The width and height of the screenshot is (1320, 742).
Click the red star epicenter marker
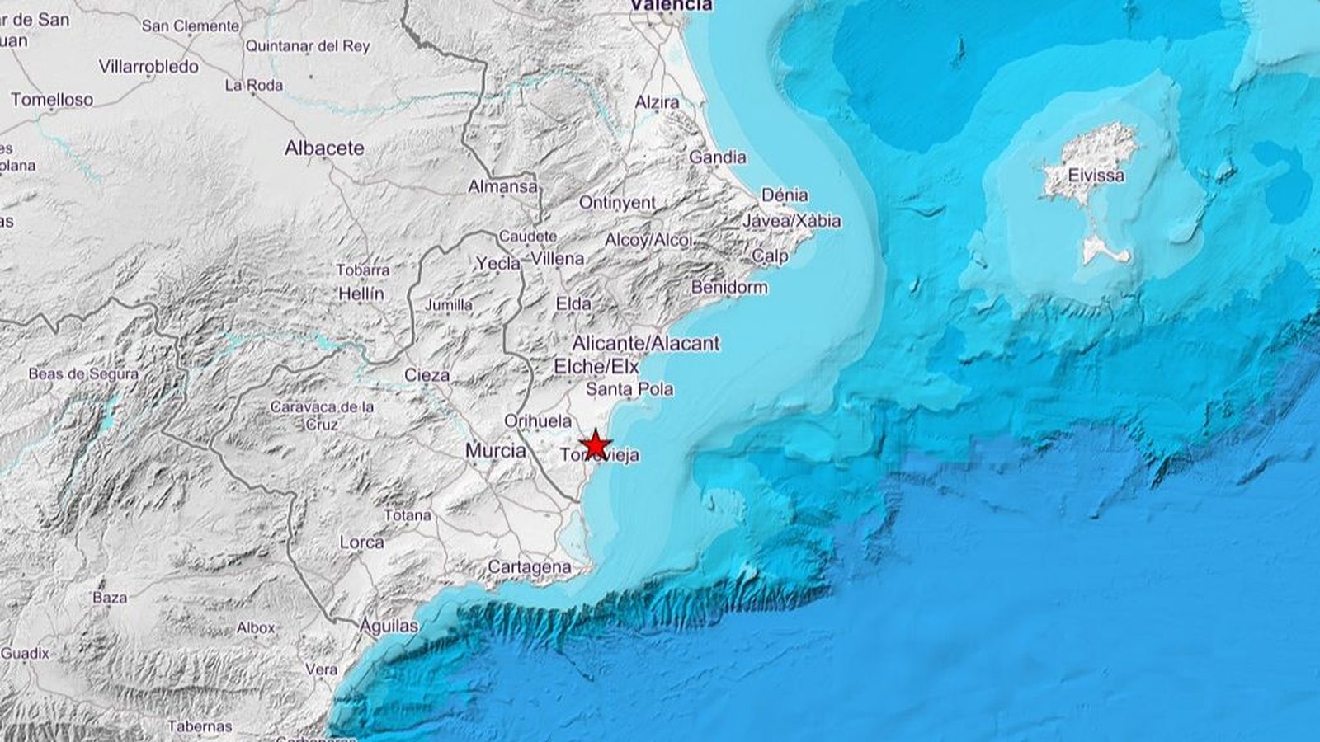click(x=594, y=445)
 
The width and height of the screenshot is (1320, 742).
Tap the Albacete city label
click(x=324, y=148)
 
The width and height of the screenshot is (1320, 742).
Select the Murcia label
click(x=496, y=450)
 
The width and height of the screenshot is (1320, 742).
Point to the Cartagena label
click(x=530, y=567)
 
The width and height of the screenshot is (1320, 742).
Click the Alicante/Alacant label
click(x=646, y=343)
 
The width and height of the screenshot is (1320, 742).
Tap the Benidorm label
click(x=729, y=288)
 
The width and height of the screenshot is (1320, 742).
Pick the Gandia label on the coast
click(x=718, y=157)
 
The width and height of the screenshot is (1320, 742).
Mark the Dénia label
click(x=785, y=195)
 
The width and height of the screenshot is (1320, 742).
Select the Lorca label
click(x=361, y=542)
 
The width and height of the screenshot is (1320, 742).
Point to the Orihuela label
click(x=537, y=421)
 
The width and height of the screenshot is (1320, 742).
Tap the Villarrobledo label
click(x=148, y=66)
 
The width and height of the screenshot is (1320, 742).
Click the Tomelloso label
click(x=52, y=100)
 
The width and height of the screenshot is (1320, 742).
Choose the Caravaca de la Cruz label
click(x=322, y=416)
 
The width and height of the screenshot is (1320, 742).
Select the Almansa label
click(x=502, y=187)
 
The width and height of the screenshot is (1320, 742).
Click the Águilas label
click(x=389, y=627)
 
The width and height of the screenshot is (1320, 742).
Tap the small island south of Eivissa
click(x=1104, y=249)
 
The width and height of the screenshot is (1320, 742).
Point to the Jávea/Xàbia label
click(x=792, y=221)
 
